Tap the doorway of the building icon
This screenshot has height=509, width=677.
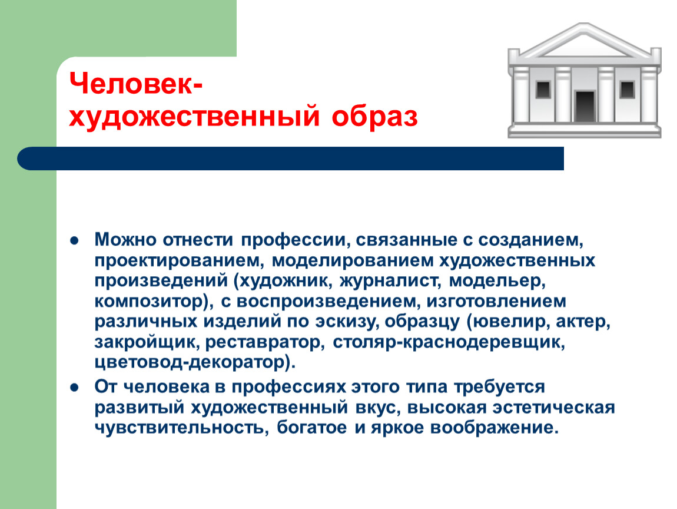click(x=585, y=105)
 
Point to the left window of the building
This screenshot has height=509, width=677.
click(x=542, y=90)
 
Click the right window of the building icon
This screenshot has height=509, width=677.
click(x=627, y=90)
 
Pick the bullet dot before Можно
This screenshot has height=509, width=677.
click(x=75, y=242)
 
